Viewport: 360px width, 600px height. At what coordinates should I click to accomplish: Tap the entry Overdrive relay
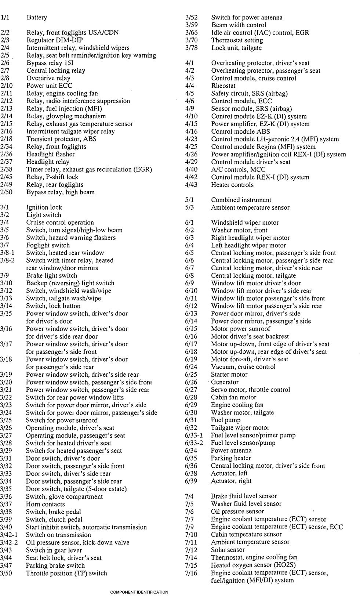(48, 78)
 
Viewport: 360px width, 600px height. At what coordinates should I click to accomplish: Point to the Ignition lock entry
(44, 207)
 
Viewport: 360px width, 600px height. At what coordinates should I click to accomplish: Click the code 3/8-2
(8, 260)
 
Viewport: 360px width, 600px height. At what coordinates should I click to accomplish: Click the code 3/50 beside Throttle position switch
(6, 573)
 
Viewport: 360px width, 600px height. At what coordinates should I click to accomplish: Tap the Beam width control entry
(239, 25)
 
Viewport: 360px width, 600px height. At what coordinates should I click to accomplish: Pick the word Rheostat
(223, 86)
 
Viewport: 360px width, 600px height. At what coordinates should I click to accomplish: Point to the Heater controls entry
(232, 185)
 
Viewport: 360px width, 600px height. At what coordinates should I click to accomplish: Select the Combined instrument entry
(241, 200)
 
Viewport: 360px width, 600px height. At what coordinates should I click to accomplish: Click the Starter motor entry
(229, 375)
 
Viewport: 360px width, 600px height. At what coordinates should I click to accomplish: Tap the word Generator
(225, 382)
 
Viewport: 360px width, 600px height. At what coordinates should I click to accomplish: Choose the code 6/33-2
(194, 443)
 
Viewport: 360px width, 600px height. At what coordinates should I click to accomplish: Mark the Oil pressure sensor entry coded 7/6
(237, 512)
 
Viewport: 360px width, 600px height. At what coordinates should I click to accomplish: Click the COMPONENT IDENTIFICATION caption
(139, 592)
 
